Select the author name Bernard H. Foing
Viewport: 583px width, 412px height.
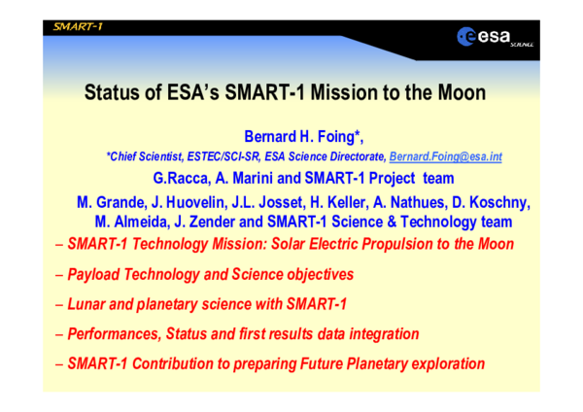(291, 135)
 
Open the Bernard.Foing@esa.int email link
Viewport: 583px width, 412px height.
(445, 156)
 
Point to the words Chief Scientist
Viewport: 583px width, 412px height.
(145, 156)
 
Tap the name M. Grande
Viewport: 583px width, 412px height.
(110, 202)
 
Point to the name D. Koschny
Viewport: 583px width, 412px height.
(495, 202)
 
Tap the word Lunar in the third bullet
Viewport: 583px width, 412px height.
(88, 304)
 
